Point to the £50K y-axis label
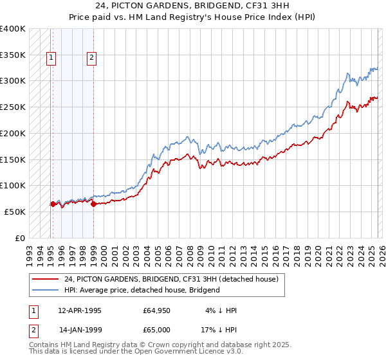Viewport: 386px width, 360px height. point(15,212)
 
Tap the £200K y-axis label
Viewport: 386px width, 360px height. point(13,134)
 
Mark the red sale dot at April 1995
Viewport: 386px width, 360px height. point(53,204)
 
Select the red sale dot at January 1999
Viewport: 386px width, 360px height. point(93,204)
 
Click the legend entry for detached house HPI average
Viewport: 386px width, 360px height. point(142,290)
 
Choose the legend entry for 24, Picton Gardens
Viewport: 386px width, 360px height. point(170,279)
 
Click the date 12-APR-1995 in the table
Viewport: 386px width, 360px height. point(80,310)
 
